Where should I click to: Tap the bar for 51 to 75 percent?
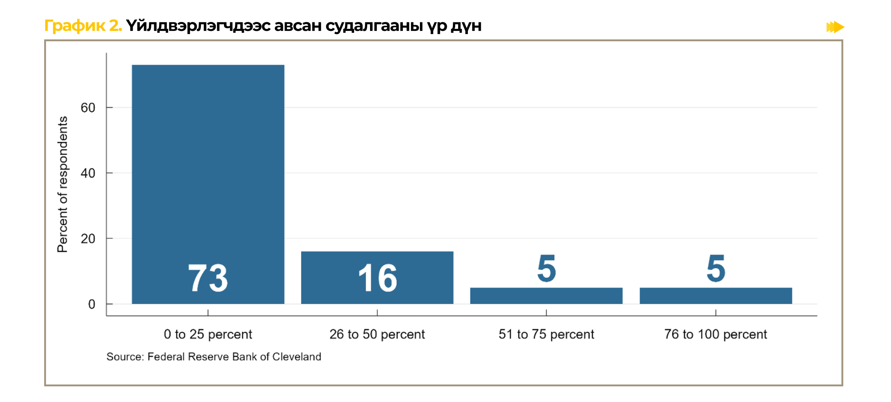[546, 296]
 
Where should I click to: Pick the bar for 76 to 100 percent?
[716, 296]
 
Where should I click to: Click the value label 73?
[208, 278]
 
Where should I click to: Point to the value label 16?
[377, 278]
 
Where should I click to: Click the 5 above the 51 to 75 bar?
[547, 268]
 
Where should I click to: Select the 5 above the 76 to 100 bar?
[716, 268]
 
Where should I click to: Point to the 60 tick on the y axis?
[88, 108]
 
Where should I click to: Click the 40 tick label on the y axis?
[88, 173]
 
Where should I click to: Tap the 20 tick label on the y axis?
[88, 239]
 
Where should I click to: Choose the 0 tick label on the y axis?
[92, 304]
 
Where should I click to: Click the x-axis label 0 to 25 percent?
[208, 334]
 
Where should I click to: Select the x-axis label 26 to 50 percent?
[377, 334]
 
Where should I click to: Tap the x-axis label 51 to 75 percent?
[546, 334]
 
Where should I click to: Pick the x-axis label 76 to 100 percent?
[716, 334]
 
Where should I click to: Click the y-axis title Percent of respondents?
[62, 184]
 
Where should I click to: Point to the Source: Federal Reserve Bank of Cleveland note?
[214, 357]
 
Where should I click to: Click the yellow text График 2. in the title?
[83, 26]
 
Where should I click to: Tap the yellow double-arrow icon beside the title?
[835, 27]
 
